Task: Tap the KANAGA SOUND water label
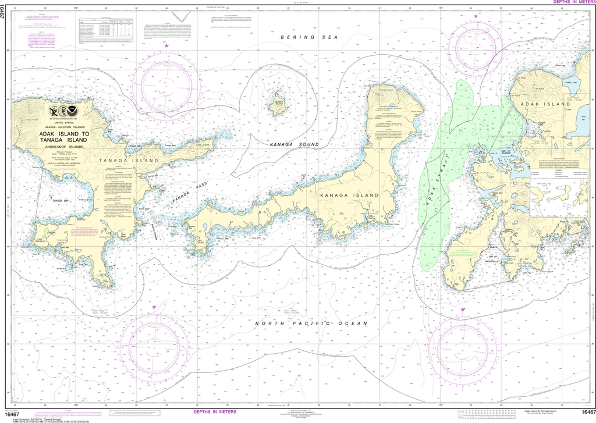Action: (294, 144)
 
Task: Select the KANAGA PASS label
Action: (190, 195)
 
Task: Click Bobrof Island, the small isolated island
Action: (276, 105)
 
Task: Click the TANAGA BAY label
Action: (61, 200)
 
